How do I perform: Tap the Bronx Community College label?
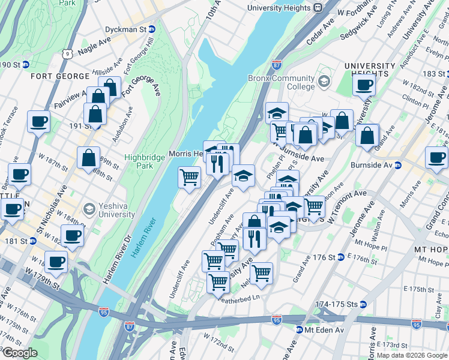282,83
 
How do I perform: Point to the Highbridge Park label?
140,161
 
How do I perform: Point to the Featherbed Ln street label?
240,298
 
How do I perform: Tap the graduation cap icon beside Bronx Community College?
324,81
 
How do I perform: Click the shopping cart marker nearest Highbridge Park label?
189,178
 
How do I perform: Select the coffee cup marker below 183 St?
364,85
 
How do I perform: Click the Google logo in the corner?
20,353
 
